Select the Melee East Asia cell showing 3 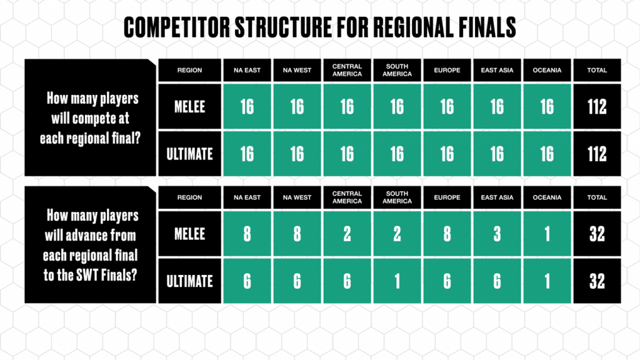(497, 234)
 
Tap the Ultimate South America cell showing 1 (397, 281)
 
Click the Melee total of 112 (597, 106)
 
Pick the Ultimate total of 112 (597, 153)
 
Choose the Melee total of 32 (597, 234)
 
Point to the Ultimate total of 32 (597, 281)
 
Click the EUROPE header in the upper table (447, 70)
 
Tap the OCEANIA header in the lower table (547, 197)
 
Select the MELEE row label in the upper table (190, 106)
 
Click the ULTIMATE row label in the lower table (190, 281)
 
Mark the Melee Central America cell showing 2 (347, 234)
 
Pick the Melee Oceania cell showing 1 (547, 234)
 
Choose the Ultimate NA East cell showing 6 (247, 281)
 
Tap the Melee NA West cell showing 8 (297, 234)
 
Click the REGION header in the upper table (190, 70)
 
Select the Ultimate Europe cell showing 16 (447, 153)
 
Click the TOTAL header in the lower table (597, 197)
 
